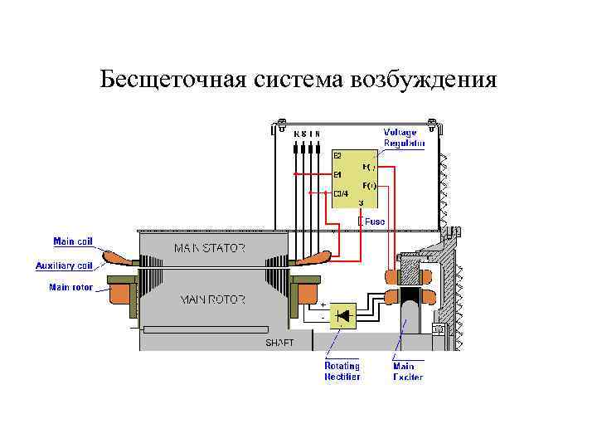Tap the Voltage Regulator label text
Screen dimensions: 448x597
[x=404, y=138]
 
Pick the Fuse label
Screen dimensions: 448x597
[x=375, y=222]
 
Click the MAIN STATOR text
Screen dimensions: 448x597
[x=209, y=248]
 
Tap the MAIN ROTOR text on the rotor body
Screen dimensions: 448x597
[x=212, y=299]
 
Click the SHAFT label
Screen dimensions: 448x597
[x=279, y=342]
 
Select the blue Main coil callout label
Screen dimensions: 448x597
[x=74, y=242]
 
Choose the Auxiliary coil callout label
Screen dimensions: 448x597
[x=64, y=265]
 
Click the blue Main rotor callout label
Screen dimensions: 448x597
[x=71, y=288]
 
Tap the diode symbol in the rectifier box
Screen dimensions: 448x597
[x=342, y=316]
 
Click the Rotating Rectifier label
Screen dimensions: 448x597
[x=342, y=371]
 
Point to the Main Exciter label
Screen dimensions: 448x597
[x=407, y=371]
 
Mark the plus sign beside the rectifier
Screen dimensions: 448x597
[x=323, y=305]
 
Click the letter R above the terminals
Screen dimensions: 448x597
[x=296, y=134]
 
